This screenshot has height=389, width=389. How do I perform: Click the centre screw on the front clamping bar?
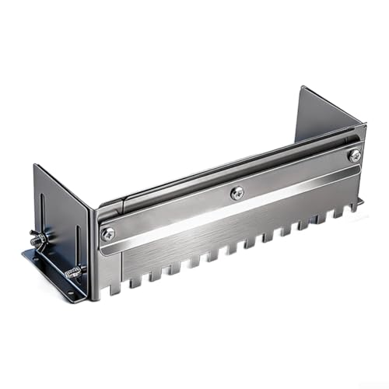(x=237, y=191)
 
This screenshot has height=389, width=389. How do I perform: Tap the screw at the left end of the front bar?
(x=107, y=233)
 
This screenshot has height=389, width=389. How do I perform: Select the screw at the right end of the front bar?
(x=355, y=156)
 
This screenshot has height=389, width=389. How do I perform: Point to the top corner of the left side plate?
(x=34, y=165)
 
